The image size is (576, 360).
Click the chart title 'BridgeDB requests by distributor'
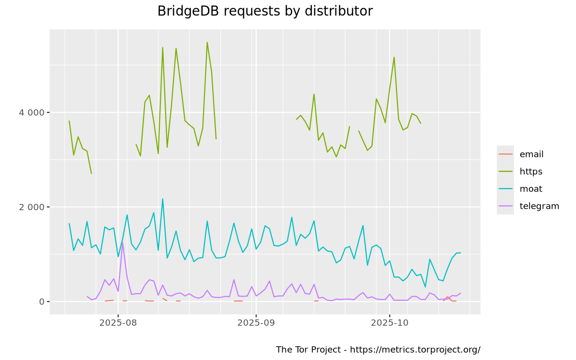tap(265, 11)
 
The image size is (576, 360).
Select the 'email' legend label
tap(531, 154)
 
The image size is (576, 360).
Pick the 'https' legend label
tap(531, 171)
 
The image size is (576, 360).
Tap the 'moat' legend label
tap(531, 189)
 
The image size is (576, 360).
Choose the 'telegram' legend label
tap(540, 206)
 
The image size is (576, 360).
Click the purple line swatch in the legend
tap(505, 206)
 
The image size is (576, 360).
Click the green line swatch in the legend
tap(505, 171)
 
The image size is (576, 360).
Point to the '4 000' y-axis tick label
tap(32, 112)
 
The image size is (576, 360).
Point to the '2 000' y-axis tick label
tap(32, 207)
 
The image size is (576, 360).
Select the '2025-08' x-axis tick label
tap(118, 323)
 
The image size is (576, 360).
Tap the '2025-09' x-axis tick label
tap(256, 323)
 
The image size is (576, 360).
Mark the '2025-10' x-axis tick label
tap(390, 323)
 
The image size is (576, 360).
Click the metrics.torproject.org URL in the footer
tap(415, 349)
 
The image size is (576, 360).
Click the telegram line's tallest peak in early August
tap(122, 242)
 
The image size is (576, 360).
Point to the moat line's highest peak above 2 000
tap(163, 199)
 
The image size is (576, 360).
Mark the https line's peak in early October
tap(394, 57)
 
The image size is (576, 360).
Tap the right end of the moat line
tap(461, 253)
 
